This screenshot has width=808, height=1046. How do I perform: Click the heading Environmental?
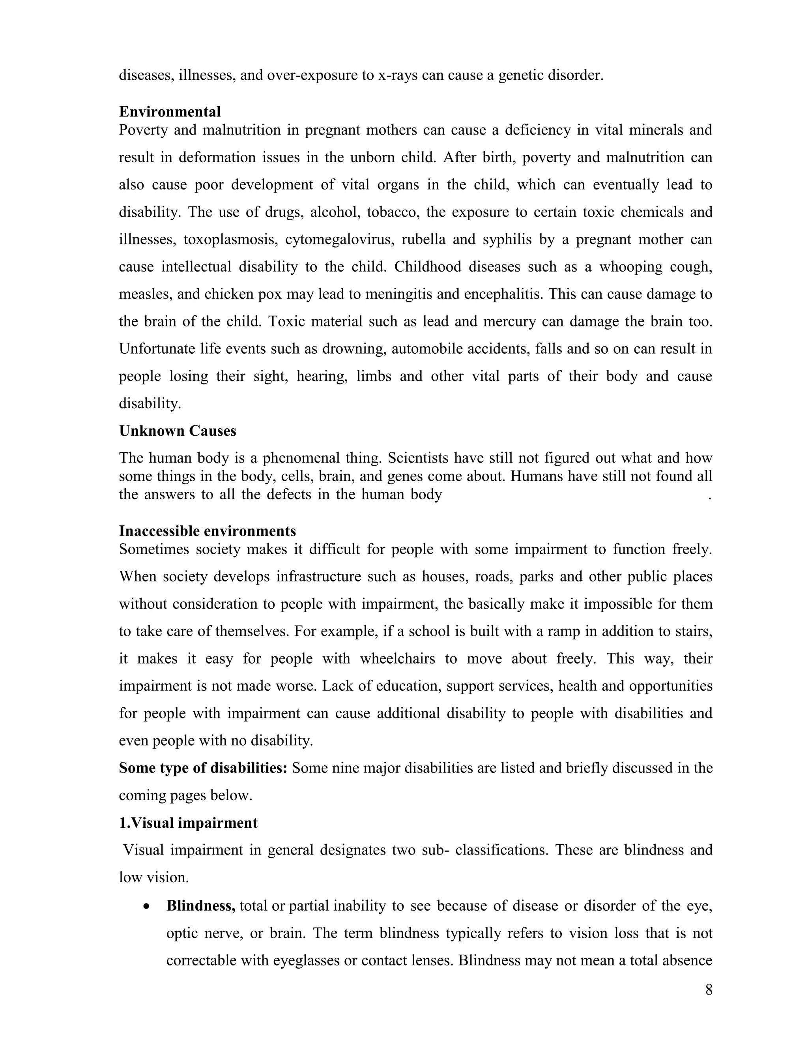(170, 112)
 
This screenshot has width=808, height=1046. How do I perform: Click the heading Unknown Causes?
(178, 431)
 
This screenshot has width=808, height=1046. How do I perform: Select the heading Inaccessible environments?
(207, 531)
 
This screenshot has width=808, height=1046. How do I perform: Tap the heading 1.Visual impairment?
(188, 823)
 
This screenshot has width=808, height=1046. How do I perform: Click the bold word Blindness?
(200, 905)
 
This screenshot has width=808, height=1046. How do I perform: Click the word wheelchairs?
(397, 659)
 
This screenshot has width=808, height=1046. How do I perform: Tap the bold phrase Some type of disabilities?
(203, 768)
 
